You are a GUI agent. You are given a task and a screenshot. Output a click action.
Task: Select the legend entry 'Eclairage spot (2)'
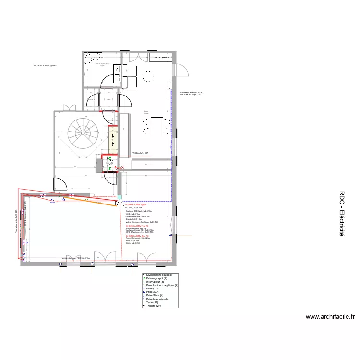156,278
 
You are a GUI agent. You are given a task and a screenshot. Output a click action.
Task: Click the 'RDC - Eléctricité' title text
342,214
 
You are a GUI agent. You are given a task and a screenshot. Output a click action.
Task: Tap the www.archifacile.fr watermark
330,317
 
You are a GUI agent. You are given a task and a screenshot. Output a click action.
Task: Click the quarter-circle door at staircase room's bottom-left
60,183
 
